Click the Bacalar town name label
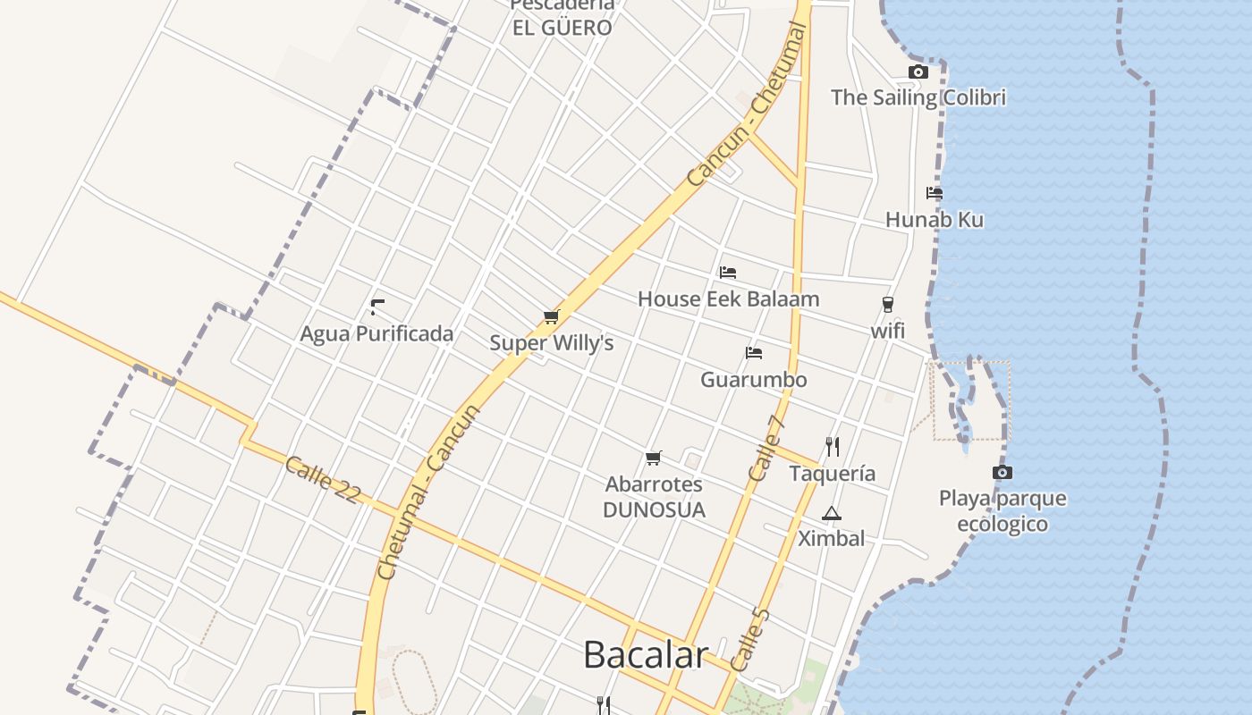coord(646,654)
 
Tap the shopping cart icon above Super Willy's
coord(551,317)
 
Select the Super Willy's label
coord(551,343)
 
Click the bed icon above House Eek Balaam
coord(728,273)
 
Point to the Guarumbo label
coord(753,380)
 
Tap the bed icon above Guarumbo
coord(754,353)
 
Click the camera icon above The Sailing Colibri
coord(918,72)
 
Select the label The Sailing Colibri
coord(918,97)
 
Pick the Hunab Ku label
coord(934,220)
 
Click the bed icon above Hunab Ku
coord(935,193)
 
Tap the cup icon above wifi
coord(887,305)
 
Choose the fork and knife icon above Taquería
coord(832,446)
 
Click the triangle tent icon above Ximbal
coord(831,513)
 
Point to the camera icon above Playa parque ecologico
coord(1002,472)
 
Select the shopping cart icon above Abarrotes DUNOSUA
coord(654,458)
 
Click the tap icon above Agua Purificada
coord(376,307)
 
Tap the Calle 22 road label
coord(322,480)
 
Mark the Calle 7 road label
coord(766,450)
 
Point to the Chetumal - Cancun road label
coord(428,492)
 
